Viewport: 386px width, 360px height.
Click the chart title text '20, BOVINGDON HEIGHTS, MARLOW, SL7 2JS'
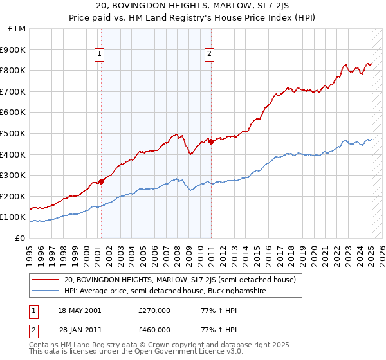tap(193, 6)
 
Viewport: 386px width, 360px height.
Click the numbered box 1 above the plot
tap(100, 55)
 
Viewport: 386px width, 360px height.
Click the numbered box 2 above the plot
tap(210, 55)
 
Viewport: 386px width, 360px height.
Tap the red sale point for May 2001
tap(101, 181)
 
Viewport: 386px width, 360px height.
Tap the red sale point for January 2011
tap(212, 141)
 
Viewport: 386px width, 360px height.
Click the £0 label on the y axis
tap(21, 238)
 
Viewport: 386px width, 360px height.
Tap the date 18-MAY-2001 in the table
tap(79, 310)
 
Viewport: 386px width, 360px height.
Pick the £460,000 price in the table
tap(154, 330)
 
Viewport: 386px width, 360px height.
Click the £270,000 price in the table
tap(154, 310)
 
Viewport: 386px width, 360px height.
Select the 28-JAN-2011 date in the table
tap(78, 330)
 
